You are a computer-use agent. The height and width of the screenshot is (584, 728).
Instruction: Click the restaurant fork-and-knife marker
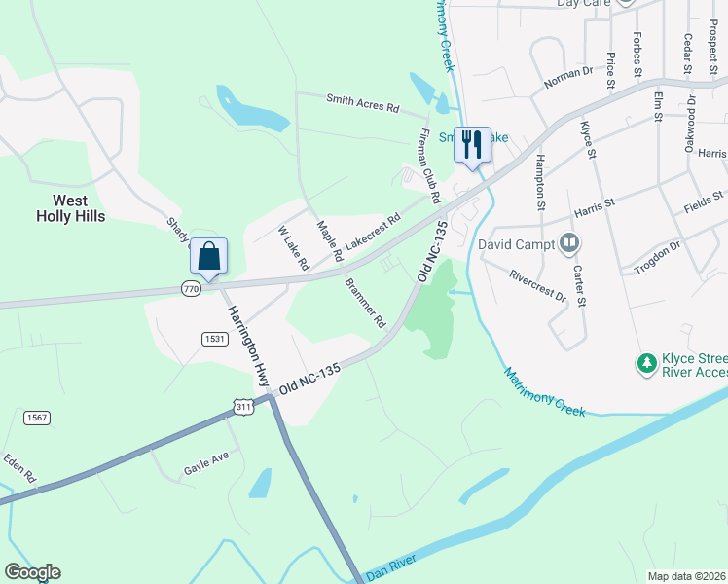(472, 145)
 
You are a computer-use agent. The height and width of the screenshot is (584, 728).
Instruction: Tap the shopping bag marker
(208, 257)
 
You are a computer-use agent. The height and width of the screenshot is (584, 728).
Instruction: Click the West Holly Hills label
(70, 208)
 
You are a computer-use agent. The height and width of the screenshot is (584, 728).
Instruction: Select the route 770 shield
(191, 289)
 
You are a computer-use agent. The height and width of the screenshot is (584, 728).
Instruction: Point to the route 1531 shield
(215, 338)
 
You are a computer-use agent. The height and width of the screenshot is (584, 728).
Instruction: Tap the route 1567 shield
(35, 418)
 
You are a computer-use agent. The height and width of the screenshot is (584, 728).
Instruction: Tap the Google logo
(32, 572)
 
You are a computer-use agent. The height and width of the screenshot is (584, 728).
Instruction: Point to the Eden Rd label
(19, 468)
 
